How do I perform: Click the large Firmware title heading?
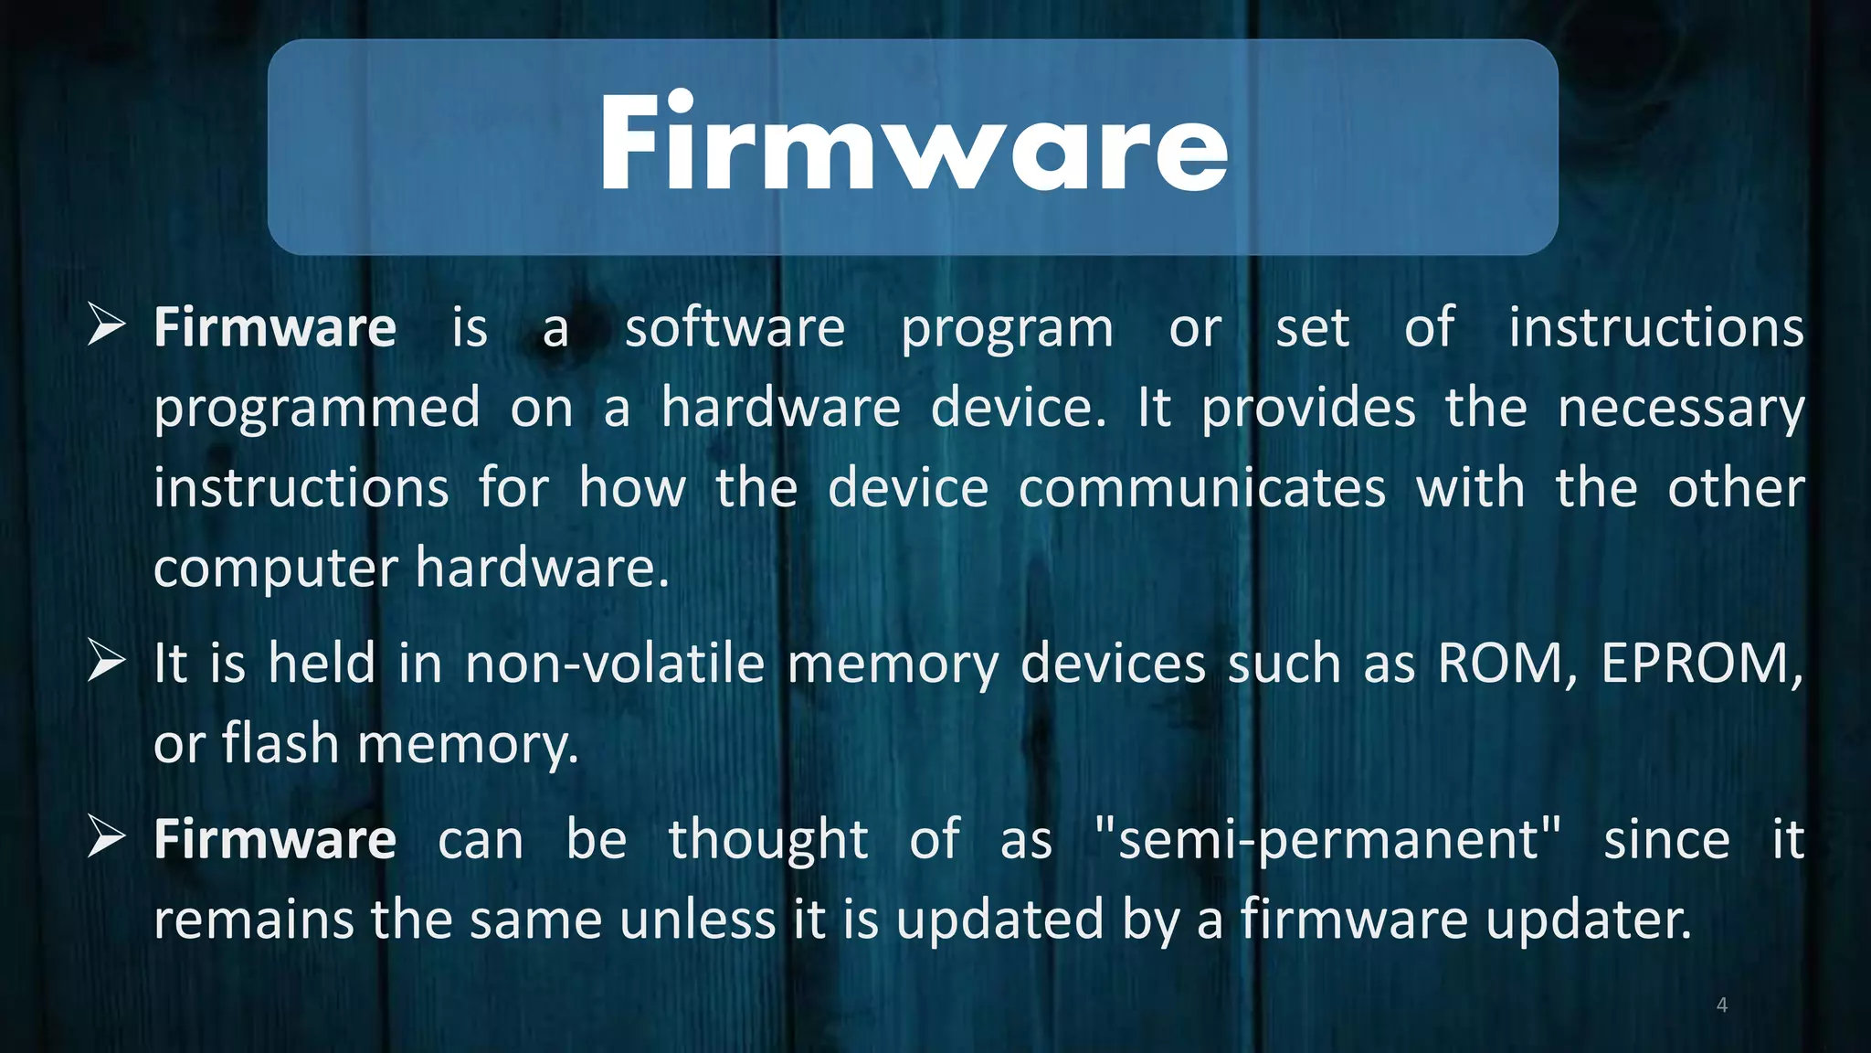(914, 144)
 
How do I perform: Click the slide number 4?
(1721, 1005)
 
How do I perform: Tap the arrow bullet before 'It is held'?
(106, 662)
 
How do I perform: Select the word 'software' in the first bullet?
(735, 328)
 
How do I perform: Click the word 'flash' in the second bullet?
(280, 743)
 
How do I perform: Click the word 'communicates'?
(1201, 489)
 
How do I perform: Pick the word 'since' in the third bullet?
(1666, 840)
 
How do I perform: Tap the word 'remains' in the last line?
(253, 920)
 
